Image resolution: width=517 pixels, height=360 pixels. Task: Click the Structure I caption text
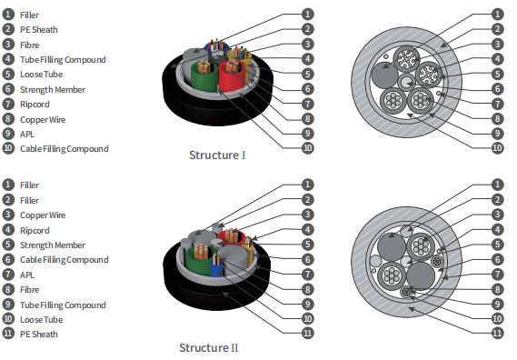coord(217,155)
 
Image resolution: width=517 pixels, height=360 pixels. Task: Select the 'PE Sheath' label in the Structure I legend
coord(38,30)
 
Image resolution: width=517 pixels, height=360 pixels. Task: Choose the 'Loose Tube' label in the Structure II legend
coord(40,319)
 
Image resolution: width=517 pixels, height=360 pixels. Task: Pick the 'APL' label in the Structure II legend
coord(27,275)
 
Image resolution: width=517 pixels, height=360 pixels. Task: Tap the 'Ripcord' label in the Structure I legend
coord(35,105)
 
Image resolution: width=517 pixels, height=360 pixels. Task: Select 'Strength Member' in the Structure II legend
coord(52,245)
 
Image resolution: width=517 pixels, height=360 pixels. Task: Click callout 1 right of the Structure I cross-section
coord(497,15)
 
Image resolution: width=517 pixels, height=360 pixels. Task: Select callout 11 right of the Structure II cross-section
coord(497,334)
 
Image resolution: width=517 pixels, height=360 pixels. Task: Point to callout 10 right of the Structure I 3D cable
coord(308,147)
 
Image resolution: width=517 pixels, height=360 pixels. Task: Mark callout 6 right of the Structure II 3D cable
coord(308,259)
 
